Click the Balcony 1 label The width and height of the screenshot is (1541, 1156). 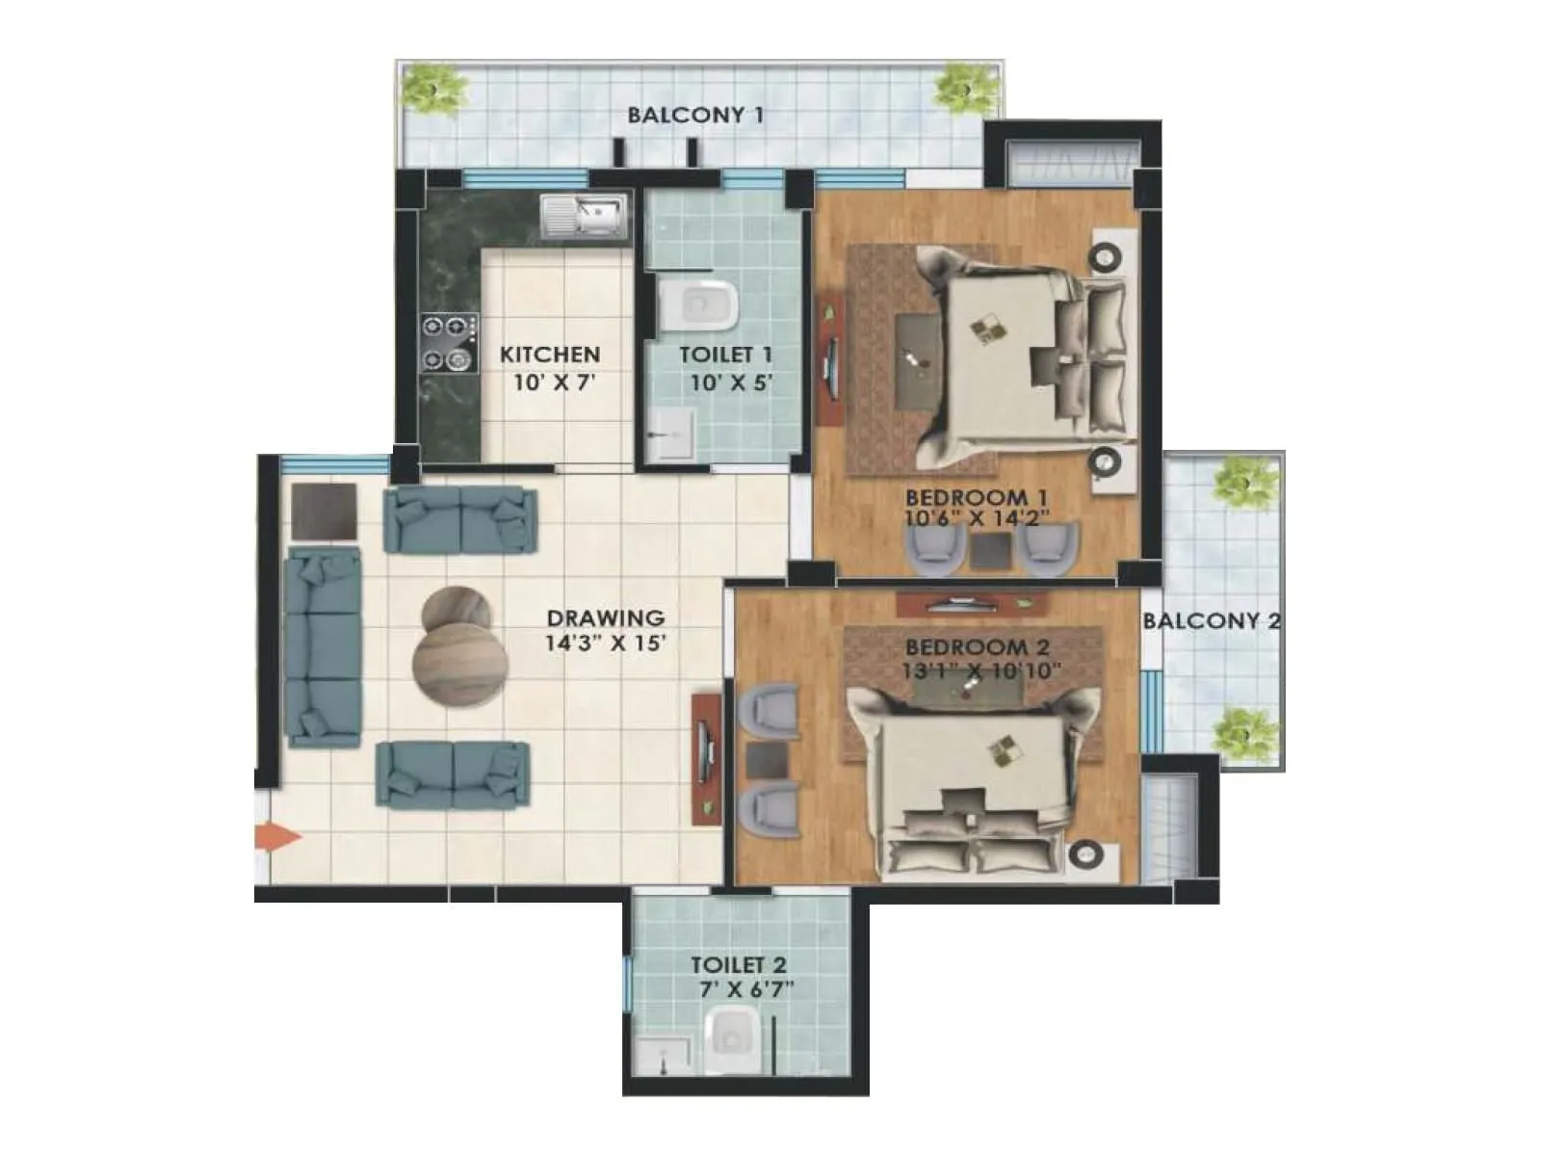(694, 116)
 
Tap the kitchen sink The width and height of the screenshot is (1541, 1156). (584, 215)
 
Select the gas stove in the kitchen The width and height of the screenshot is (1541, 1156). (449, 344)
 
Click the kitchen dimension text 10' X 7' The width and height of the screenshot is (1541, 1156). (550, 381)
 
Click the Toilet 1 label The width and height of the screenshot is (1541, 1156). (725, 355)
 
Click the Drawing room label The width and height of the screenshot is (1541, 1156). (605, 617)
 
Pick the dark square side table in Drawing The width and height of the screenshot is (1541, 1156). (325, 512)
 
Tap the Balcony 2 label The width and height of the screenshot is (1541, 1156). (1211, 620)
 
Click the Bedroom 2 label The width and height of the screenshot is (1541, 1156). (977, 646)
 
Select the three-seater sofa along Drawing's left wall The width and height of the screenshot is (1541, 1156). (324, 646)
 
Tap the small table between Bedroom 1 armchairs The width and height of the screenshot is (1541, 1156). (989, 550)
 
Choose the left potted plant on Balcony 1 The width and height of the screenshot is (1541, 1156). (435, 89)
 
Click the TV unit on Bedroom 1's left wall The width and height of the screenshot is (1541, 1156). (828, 360)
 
